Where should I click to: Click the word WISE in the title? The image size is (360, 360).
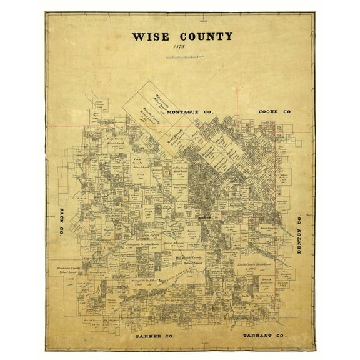point(149,36)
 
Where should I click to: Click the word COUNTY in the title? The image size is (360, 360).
point(203,36)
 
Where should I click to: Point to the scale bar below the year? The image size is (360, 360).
point(180,58)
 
